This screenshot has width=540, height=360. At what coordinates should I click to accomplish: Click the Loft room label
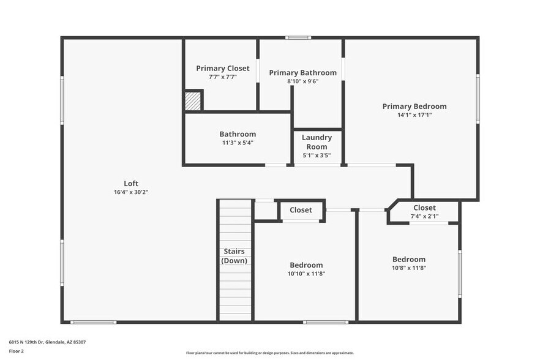tap(131, 183)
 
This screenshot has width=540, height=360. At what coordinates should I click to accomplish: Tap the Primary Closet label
tap(222, 68)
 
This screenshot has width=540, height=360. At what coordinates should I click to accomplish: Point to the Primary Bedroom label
tap(414, 106)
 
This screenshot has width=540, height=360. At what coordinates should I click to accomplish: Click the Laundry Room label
tap(317, 142)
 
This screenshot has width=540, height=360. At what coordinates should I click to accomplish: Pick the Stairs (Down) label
tap(234, 256)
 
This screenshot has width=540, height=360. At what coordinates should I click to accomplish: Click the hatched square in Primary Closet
tap(193, 101)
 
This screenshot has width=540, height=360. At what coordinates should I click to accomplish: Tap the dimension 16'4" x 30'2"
tap(131, 192)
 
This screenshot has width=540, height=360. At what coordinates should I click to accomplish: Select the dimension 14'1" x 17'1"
tap(414, 115)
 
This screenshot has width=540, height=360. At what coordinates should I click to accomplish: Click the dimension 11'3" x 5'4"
tap(238, 143)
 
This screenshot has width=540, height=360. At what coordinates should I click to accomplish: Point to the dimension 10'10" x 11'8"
tap(306, 274)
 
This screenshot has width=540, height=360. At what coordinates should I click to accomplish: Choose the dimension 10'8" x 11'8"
tap(408, 268)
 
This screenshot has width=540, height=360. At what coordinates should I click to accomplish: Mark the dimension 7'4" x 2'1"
tap(424, 216)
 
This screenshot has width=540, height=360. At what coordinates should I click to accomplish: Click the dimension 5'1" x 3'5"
tap(317, 156)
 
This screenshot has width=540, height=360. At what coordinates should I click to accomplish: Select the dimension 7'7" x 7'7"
tap(222, 77)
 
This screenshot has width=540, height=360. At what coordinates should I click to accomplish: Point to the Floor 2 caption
tap(17, 351)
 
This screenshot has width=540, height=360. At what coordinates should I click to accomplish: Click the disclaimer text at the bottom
tap(269, 353)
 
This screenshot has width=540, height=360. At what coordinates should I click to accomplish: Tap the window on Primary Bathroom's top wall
tap(298, 38)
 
